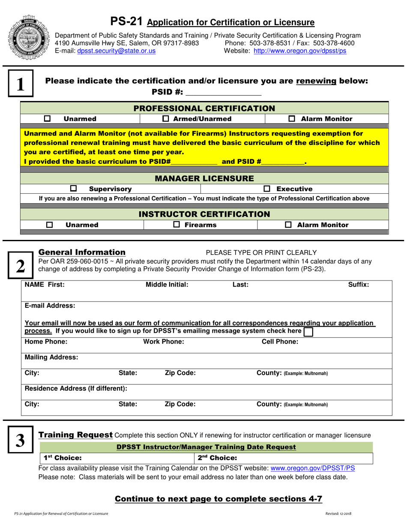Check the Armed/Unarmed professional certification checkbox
pos(166,119)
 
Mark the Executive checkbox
pos(267,189)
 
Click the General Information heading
pos(82,252)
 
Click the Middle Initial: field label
pos(167,284)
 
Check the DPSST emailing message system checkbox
pos(308,332)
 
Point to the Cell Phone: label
pos(280,341)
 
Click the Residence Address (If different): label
pos(76,388)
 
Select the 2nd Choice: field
pos(287,458)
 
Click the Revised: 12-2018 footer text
pos(338,513)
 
